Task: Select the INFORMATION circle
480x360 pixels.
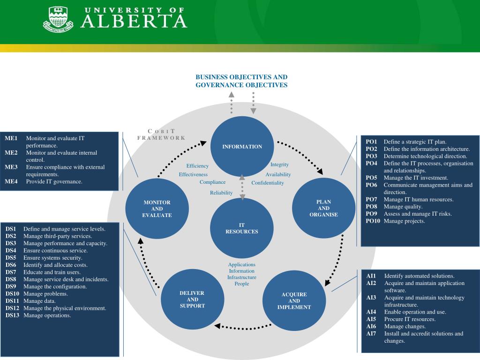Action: [x=242, y=147]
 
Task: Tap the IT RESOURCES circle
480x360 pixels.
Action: [x=242, y=228]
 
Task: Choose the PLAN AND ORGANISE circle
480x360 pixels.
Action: [x=323, y=208]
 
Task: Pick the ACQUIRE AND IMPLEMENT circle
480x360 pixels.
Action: [x=294, y=301]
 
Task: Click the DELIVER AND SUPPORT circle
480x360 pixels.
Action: [x=192, y=299]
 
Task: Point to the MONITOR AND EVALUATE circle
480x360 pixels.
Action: [x=157, y=209]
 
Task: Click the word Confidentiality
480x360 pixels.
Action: [x=268, y=183]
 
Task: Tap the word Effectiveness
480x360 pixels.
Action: [x=193, y=174]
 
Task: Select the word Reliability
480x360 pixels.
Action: [x=221, y=193]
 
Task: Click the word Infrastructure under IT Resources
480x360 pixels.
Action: [x=242, y=277]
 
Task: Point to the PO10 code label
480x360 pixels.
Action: [x=373, y=221]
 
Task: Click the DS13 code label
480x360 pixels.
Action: [x=13, y=315]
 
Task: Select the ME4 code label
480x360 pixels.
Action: [x=11, y=181]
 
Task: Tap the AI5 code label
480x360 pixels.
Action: [x=371, y=319]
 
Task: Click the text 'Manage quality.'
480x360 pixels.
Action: [x=403, y=207]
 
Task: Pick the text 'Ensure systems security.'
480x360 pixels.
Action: [x=53, y=258]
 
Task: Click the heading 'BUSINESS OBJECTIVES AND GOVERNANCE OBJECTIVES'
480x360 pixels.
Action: [x=241, y=81]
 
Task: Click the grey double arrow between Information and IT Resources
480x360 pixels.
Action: [x=242, y=187]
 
